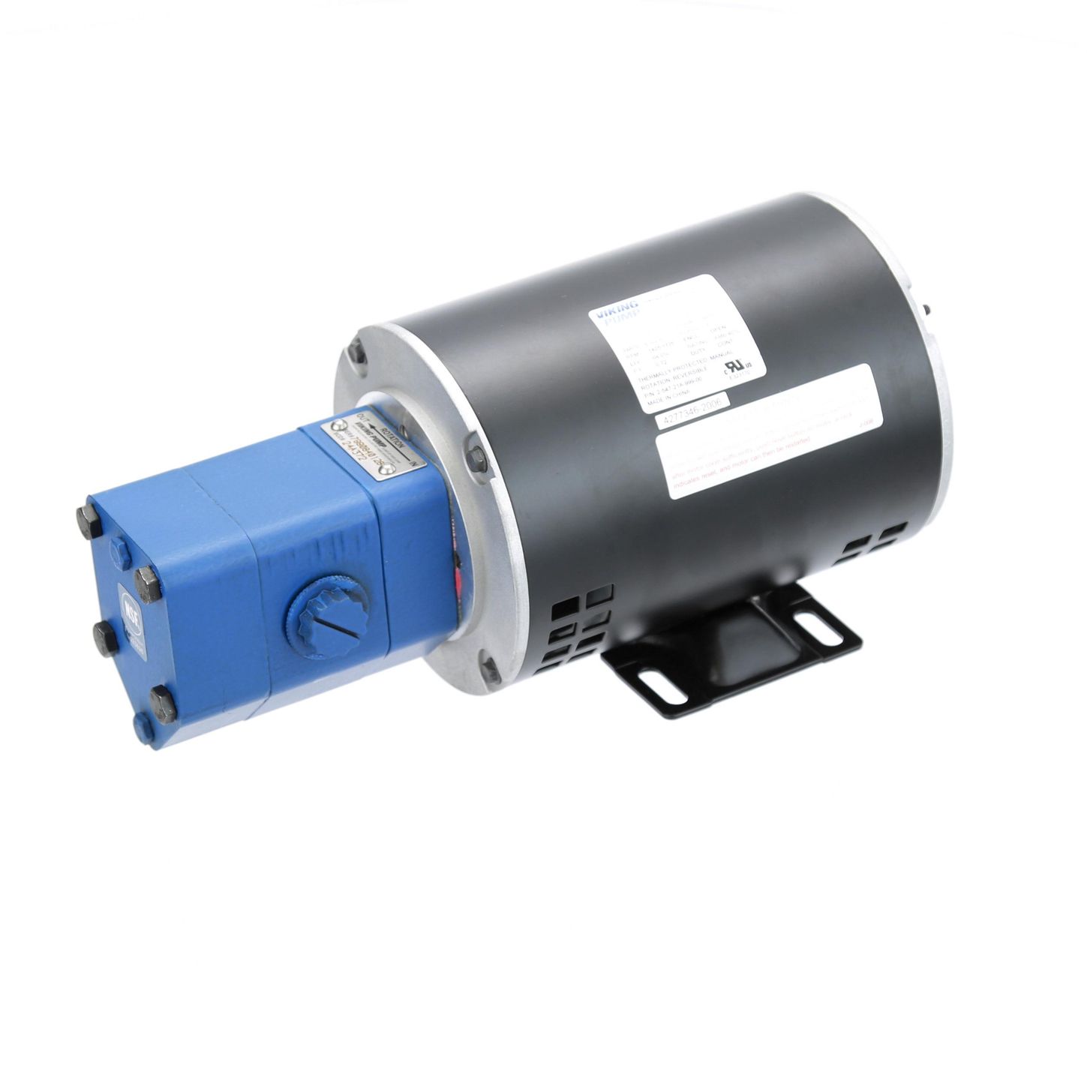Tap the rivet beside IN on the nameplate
pyautogui.click(x=387, y=470)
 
